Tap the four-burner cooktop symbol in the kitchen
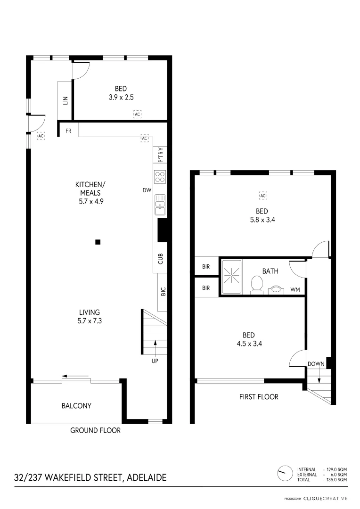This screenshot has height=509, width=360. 160,177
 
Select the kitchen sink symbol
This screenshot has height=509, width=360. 160,205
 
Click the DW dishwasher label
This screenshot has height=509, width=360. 147,191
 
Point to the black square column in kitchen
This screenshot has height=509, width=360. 98,242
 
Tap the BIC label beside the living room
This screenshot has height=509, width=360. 163,292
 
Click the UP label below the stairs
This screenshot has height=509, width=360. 155,361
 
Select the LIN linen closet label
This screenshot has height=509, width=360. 65,100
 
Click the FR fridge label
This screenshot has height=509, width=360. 68,131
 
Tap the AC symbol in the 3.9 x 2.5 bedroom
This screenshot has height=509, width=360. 137,115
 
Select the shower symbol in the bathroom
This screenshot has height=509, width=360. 231,277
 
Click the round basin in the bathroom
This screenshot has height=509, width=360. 275,289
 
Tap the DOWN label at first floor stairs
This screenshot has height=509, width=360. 316,364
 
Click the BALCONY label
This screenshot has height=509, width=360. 76,405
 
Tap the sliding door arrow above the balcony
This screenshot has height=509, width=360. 75,376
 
